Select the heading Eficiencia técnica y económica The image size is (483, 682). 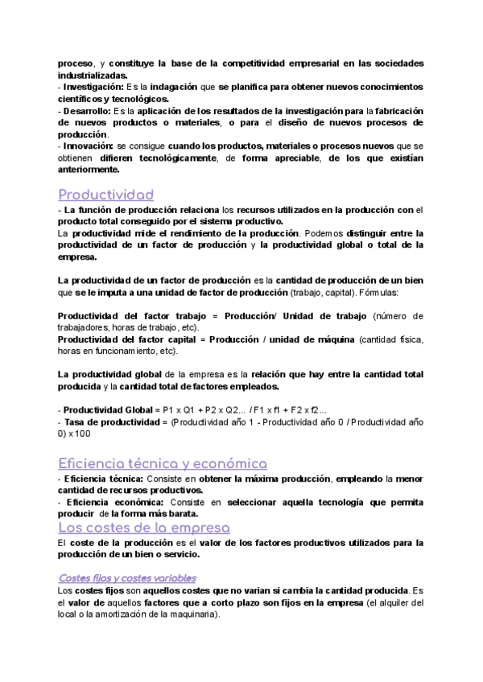point(163,463)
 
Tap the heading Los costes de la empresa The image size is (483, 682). point(144,528)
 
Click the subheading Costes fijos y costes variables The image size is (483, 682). point(127,577)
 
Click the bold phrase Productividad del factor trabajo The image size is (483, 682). point(136,316)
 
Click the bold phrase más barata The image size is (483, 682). point(175,513)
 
